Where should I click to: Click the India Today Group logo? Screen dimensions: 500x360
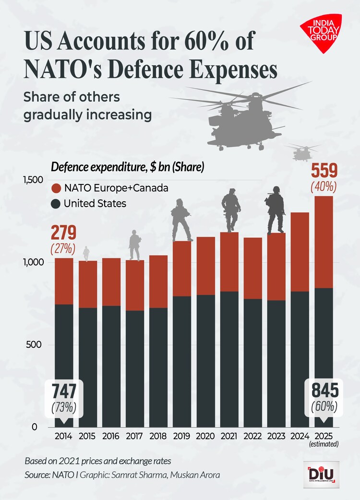click(320, 34)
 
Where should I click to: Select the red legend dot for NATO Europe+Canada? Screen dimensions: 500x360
click(55, 188)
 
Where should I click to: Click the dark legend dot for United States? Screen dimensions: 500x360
click(55, 204)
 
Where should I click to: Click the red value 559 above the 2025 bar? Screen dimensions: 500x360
click(324, 171)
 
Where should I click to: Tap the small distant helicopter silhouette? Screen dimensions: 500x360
click(302, 153)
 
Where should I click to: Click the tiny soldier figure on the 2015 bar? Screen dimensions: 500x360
click(86, 254)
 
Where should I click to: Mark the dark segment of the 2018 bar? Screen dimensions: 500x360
click(159, 367)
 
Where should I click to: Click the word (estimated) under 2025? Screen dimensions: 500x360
click(324, 445)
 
